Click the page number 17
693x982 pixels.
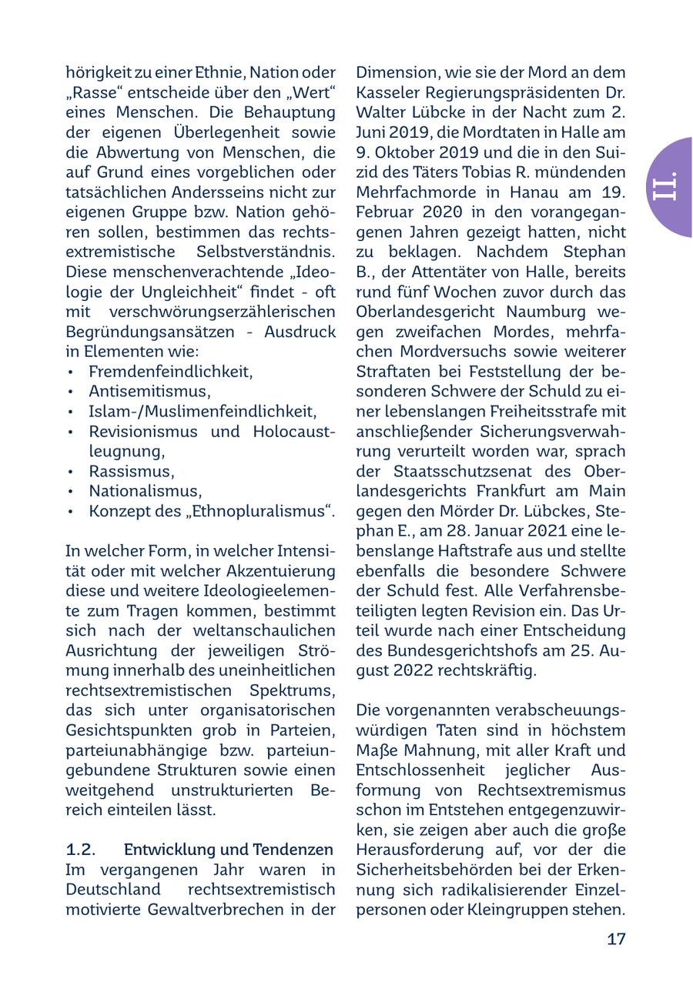(616, 939)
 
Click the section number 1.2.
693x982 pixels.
(81, 850)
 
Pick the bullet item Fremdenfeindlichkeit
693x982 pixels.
(170, 371)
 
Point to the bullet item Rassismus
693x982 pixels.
(131, 471)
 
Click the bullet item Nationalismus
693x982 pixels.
(145, 491)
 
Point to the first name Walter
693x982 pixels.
(382, 112)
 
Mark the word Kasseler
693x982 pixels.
(389, 92)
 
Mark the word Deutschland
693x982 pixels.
(113, 890)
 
